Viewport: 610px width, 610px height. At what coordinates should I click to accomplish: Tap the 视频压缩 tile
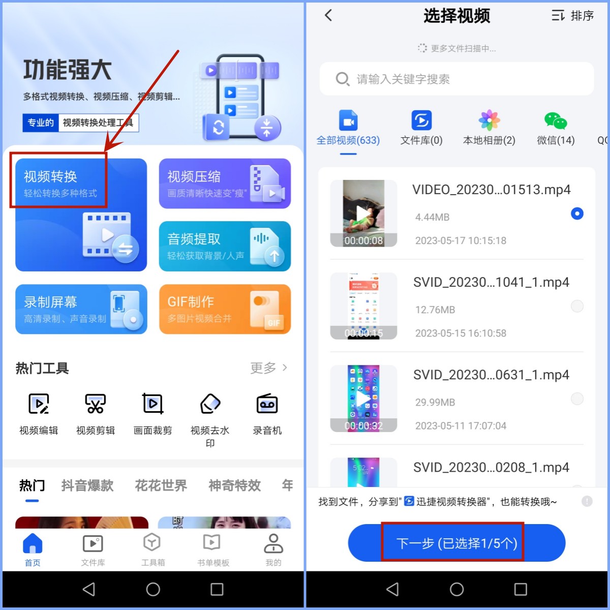point(225,183)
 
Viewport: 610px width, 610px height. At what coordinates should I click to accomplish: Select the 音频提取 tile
point(225,246)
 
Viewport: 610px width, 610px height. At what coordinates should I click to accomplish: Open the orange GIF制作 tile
point(225,309)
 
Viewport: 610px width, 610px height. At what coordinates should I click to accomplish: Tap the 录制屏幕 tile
point(81,309)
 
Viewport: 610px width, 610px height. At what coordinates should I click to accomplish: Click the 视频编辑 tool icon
point(39,404)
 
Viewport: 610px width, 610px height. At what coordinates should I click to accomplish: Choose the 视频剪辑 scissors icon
point(96,404)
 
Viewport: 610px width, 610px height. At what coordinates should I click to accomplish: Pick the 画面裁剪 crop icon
point(152,404)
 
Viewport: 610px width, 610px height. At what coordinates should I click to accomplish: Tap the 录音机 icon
point(267,404)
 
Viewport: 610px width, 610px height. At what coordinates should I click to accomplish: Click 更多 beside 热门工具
point(268,368)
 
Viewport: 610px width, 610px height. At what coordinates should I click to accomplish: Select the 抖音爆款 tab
point(87,485)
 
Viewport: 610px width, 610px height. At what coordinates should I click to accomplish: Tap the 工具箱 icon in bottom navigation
point(152,549)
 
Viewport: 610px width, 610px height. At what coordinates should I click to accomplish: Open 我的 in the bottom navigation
point(273,549)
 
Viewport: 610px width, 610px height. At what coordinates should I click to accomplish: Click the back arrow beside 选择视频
point(328,16)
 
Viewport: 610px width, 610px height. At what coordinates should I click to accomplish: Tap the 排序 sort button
point(573,16)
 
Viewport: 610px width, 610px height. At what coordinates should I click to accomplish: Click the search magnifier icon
point(342,79)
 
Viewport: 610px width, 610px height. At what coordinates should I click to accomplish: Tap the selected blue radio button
point(577,213)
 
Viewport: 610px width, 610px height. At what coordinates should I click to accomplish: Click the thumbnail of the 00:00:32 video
point(363,399)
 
